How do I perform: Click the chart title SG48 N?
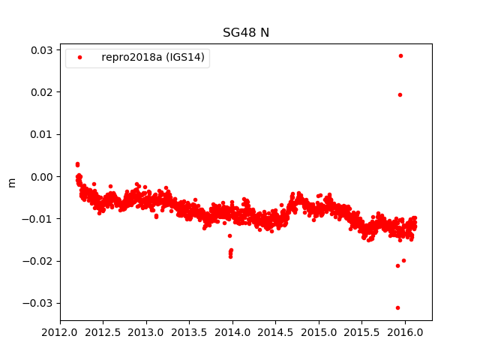click(245, 33)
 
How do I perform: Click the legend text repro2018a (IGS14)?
click(154, 58)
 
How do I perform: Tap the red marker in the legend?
click(80, 58)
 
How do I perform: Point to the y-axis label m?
click(11, 182)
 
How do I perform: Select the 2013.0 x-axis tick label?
click(146, 331)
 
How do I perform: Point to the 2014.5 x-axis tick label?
click(276, 331)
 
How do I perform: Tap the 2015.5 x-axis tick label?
click(362, 331)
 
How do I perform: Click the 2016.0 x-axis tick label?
click(406, 331)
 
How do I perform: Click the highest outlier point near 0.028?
click(400, 55)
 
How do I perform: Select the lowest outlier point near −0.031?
click(397, 307)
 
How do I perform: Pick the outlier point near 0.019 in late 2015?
click(400, 94)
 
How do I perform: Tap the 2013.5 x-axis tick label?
click(190, 331)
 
